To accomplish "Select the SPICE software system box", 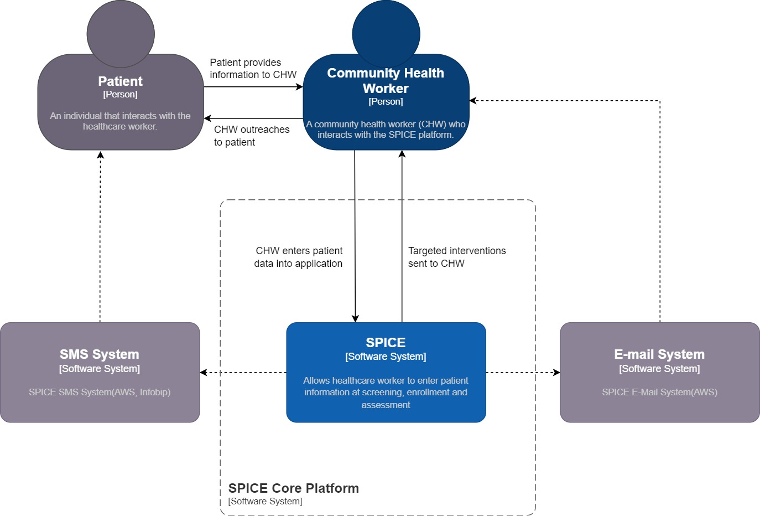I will [386, 372].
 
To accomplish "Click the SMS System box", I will [100, 372].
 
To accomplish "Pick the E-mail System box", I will [659, 372].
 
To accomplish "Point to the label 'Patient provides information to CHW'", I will [253, 69].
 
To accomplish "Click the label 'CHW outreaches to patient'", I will [252, 136].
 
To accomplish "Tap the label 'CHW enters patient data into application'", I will [299, 257].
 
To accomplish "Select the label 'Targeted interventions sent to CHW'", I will [456, 257].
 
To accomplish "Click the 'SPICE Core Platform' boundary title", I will [294, 488].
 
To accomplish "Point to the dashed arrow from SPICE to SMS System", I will [243, 373].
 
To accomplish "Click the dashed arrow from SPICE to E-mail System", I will [523, 373].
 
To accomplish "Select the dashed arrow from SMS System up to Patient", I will [100, 238].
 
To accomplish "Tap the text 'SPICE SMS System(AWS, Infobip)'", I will [100, 392].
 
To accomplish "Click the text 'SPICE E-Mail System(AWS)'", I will [659, 392].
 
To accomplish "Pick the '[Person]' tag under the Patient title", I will [120, 95].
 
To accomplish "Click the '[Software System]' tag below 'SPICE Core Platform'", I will [266, 502].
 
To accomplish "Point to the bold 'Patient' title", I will [120, 81].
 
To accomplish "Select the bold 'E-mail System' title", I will [659, 354].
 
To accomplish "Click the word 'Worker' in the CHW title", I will [386, 89].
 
